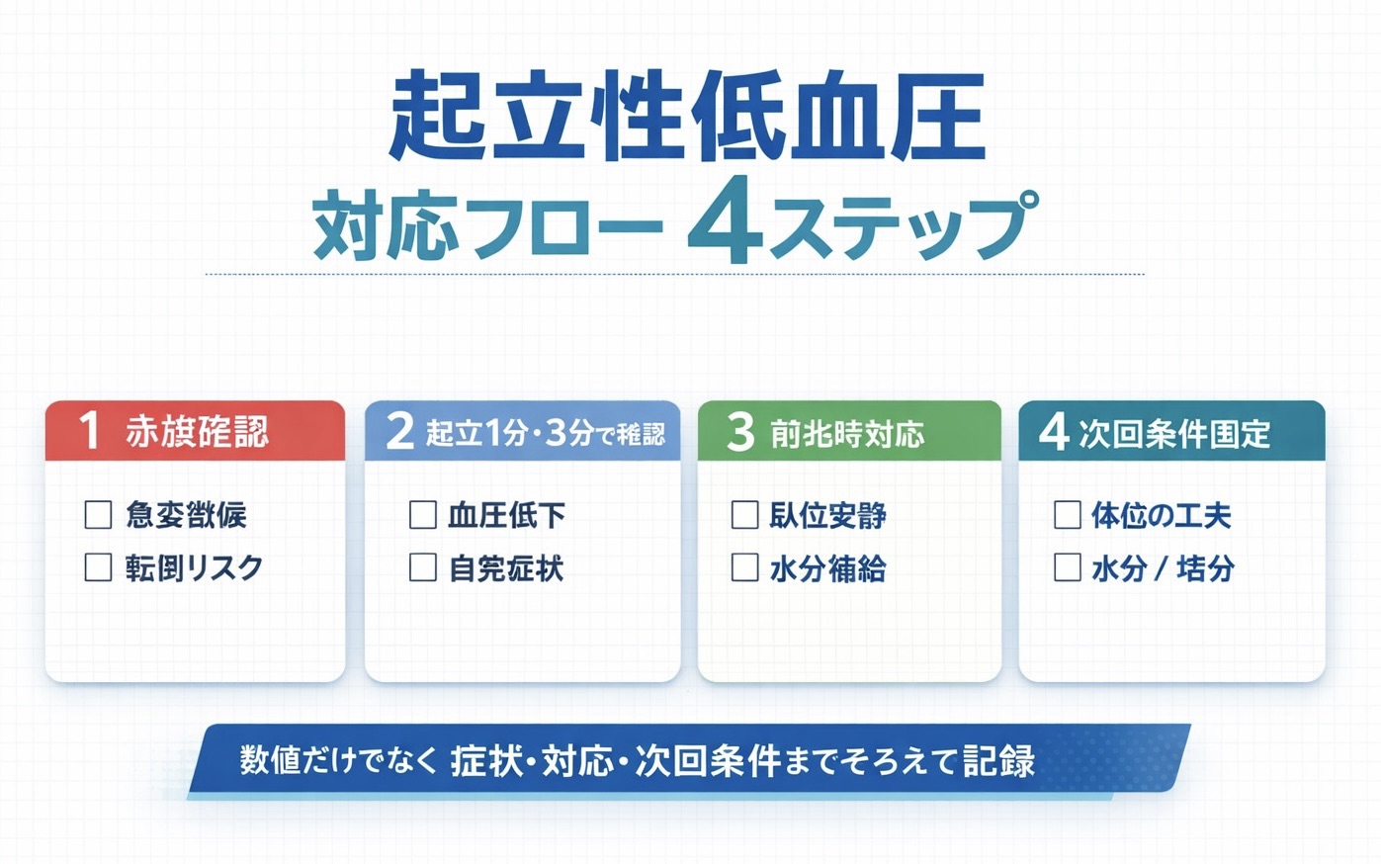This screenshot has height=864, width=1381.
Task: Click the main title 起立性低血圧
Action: coord(687,118)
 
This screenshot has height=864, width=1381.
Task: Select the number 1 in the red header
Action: coord(89,431)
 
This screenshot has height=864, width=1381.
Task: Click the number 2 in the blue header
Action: coord(399,432)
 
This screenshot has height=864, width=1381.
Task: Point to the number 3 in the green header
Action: coord(740,432)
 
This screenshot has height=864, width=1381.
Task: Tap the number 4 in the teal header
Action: coord(1054,432)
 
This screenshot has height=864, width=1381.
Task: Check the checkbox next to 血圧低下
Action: coord(423,514)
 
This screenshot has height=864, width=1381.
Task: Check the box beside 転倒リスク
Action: coord(98,567)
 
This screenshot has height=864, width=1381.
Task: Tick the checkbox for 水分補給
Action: coord(744,567)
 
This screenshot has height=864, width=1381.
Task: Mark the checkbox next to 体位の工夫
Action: coord(1068,514)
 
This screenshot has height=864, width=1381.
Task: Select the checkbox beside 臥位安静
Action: coord(744,514)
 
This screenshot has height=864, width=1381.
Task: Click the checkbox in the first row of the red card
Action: coord(98,514)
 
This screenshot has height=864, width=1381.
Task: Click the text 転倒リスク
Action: coord(194,567)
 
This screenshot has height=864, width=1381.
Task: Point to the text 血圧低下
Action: coord(506,515)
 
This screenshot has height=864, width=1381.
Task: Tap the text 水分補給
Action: coord(827,568)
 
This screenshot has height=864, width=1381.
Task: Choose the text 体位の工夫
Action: coord(1161,515)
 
